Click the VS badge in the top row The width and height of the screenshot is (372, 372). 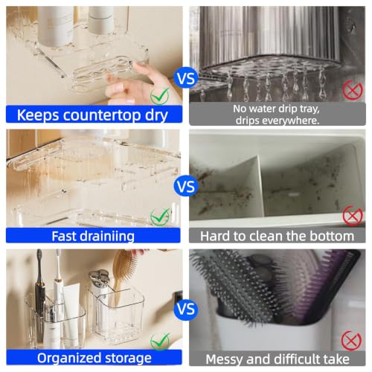[x=186, y=79]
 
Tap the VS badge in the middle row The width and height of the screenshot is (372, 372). [x=186, y=187]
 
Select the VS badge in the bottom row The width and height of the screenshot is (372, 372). [x=186, y=309]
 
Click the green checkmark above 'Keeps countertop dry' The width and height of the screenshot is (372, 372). [x=160, y=96]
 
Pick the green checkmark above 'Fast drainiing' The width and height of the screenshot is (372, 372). [x=160, y=217]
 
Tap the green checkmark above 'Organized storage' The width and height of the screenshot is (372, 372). [x=160, y=341]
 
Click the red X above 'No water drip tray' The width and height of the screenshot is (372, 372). [x=353, y=90]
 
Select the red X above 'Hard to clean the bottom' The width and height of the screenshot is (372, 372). [x=353, y=216]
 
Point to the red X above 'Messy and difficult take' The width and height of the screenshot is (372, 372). [x=351, y=341]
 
